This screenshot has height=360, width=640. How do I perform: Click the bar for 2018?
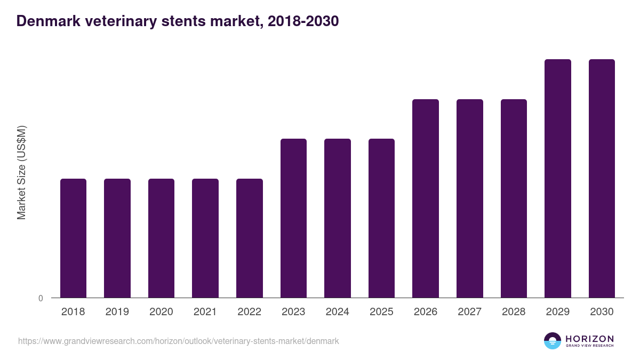tap(73, 238)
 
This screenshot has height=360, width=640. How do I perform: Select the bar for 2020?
tap(161, 238)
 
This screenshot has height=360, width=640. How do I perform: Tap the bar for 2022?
tap(250, 238)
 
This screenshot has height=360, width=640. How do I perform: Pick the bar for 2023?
tap(293, 218)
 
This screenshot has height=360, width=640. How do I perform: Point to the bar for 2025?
tap(381, 218)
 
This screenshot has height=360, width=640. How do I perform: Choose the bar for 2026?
tap(426, 198)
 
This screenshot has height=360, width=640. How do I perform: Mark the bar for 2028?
tap(514, 198)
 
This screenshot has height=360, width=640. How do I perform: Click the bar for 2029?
tap(558, 178)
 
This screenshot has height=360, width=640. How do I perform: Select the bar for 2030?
tap(602, 178)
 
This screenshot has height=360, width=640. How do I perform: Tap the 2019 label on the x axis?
tap(117, 312)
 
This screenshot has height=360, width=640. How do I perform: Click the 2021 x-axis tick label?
tap(205, 312)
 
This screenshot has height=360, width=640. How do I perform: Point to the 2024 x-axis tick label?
tap(338, 312)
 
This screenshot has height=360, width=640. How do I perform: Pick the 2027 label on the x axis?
tap(469, 312)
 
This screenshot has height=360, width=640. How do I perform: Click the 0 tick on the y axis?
tap(41, 298)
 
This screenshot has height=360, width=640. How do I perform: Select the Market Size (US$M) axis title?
tap(21, 173)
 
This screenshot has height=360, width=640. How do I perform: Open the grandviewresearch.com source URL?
tap(178, 341)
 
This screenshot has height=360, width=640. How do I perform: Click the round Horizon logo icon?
tap(553, 341)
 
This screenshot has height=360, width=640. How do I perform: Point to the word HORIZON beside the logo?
tap(589, 339)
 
